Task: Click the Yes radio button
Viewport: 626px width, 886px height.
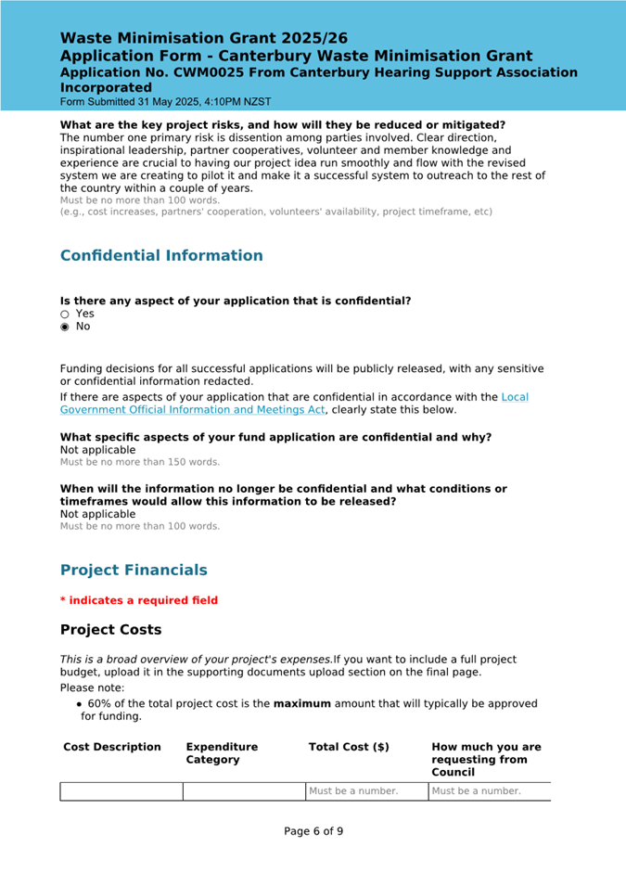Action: [x=65, y=314]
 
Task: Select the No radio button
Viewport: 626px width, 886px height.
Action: [x=65, y=327]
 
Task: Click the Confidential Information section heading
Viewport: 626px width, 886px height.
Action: [x=161, y=255]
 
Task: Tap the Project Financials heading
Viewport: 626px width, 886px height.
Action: [x=134, y=570]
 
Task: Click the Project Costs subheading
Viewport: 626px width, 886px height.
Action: [x=110, y=630]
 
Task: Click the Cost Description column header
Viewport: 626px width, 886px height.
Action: [x=112, y=747]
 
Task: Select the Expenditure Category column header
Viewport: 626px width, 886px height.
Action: [x=222, y=753]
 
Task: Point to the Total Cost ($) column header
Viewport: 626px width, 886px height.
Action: [x=349, y=747]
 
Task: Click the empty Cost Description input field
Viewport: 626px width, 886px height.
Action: [x=121, y=791]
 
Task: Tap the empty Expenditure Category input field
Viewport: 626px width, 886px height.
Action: [x=244, y=791]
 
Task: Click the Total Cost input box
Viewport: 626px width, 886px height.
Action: [x=366, y=791]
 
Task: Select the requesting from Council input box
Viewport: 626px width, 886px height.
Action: [x=489, y=791]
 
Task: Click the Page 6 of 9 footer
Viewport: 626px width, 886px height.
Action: [x=313, y=831]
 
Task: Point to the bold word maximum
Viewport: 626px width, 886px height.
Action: [x=301, y=703]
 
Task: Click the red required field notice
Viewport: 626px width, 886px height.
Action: [x=139, y=600]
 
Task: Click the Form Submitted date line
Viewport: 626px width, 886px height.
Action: [x=166, y=101]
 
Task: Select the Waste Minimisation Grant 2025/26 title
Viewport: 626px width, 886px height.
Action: [x=204, y=38]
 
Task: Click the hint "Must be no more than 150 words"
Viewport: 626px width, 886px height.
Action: [x=140, y=462]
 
